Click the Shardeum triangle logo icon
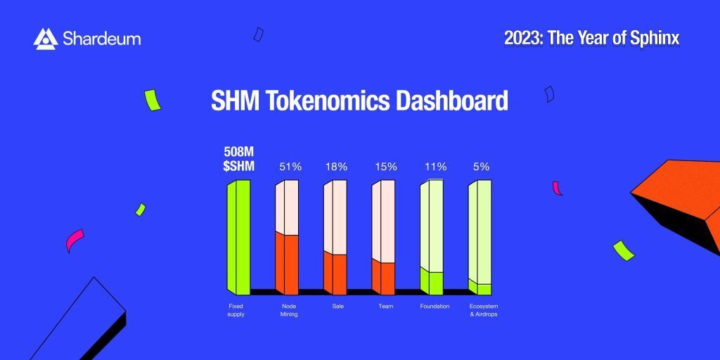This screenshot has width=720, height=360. click(x=46, y=39)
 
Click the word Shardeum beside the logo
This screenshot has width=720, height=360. click(x=101, y=39)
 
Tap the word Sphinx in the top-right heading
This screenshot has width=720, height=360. click(x=655, y=39)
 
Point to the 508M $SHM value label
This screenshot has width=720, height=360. click(x=239, y=159)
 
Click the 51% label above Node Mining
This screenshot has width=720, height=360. click(x=290, y=167)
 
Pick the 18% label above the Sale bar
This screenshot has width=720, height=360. click(x=337, y=167)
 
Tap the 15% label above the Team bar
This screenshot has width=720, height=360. click(x=386, y=167)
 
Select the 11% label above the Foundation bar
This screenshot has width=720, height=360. click(x=435, y=167)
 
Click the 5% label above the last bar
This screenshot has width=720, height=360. click(x=481, y=167)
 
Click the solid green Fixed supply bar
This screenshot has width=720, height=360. click(x=239, y=238)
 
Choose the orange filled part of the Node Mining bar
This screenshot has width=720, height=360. click(x=287, y=264)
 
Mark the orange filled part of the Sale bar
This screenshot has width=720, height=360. click(x=335, y=274)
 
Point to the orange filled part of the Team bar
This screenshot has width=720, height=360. click(x=383, y=277)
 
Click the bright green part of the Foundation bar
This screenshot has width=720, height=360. click(x=432, y=281)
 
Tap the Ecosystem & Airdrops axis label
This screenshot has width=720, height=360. click(x=484, y=310)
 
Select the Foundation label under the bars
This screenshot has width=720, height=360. click(x=435, y=307)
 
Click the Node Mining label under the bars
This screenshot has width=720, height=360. click(x=289, y=310)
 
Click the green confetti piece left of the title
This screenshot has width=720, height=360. click(x=153, y=100)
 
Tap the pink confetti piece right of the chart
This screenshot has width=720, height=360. click(x=557, y=188)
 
